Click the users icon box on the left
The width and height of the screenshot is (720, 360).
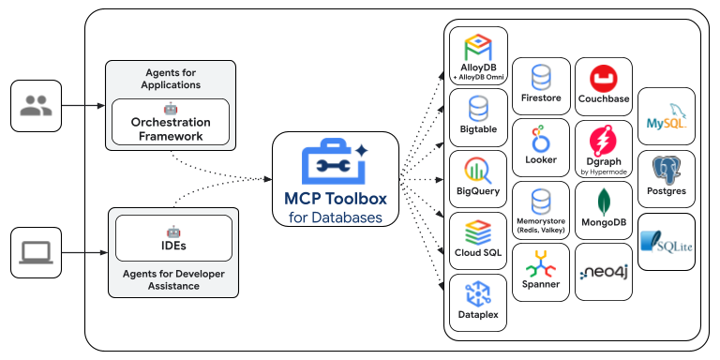[x=36, y=106]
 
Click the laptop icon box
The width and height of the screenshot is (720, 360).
[x=36, y=252]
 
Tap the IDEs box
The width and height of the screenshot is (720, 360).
[x=173, y=238]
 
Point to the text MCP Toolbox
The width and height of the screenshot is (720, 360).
[x=335, y=199]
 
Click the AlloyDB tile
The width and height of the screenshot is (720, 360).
[x=478, y=55]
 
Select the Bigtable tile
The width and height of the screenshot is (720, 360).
[x=478, y=117]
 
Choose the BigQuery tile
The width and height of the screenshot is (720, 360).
[x=478, y=179]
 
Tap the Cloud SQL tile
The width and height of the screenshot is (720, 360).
[x=478, y=241]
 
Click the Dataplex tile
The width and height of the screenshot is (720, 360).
[x=478, y=303]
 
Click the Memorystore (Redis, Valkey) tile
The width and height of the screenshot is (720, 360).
[x=541, y=210]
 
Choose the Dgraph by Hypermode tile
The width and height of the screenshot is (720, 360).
[x=603, y=148]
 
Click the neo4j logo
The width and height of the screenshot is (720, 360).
[x=603, y=272]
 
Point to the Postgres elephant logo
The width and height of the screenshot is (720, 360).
[x=667, y=170]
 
